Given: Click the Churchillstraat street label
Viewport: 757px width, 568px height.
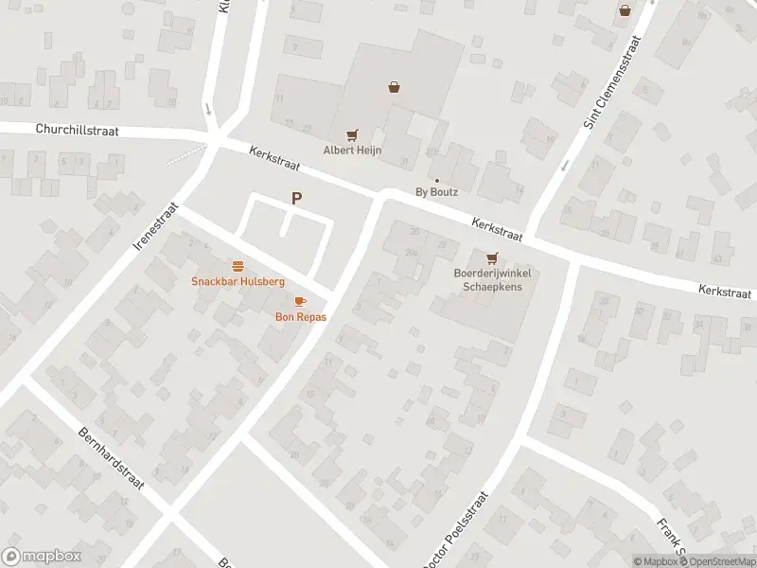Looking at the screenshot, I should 78,131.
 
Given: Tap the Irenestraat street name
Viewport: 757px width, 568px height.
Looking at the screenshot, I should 157,224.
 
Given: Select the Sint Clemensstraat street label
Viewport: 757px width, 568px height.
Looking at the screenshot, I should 613,81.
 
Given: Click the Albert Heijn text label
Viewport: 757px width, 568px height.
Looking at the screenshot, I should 352,151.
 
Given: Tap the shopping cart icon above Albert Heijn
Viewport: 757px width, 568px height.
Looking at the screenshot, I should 352,135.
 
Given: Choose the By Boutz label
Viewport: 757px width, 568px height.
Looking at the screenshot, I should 436,192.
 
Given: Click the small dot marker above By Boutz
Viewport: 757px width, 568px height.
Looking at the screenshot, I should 436,180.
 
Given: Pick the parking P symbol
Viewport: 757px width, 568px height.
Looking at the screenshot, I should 297,198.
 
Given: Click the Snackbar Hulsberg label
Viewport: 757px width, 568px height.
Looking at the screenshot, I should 238,281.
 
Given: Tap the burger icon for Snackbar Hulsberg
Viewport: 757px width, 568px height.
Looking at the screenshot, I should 238,266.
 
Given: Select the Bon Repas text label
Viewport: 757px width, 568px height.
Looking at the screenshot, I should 301,317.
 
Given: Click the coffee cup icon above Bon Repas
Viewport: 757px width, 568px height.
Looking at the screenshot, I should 301,301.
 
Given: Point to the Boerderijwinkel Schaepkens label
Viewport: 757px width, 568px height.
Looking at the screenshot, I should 491,280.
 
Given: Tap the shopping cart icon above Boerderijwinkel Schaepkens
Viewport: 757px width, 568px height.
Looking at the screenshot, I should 491,258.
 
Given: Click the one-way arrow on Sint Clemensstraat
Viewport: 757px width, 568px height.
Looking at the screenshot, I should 565,166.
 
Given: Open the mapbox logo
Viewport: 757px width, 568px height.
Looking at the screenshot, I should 42,557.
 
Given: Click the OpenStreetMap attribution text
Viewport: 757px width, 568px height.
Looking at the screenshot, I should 716,561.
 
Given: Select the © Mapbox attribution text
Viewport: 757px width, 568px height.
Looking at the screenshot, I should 655,561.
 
